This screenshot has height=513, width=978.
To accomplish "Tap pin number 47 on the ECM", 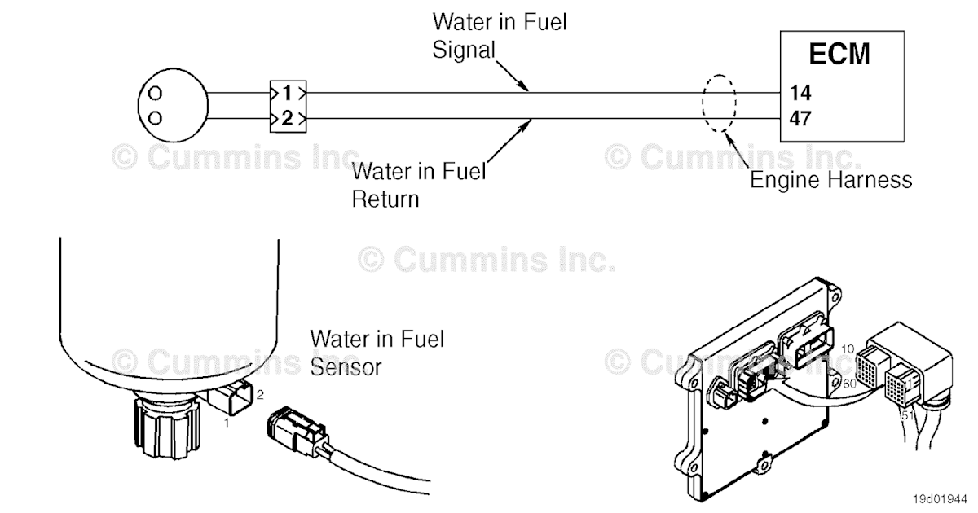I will [x=800, y=120].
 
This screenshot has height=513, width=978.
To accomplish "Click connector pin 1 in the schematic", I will [x=287, y=92].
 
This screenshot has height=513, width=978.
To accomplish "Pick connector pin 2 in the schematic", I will [x=287, y=119].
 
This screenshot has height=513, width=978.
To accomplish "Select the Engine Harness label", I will [x=830, y=180].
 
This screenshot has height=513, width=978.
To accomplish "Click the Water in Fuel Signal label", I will [x=499, y=35].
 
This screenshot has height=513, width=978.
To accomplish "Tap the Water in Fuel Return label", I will [x=418, y=185].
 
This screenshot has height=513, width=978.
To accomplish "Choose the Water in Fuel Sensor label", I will [x=377, y=352].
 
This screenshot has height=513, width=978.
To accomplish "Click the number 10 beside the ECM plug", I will [x=848, y=349].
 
